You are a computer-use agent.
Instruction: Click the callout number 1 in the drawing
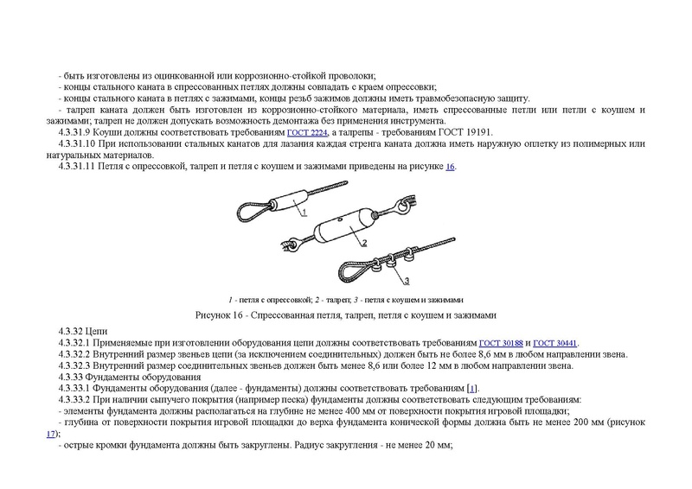pos(304,211)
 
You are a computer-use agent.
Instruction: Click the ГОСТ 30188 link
pos(501,343)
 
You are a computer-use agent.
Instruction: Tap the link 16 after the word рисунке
pos(450,166)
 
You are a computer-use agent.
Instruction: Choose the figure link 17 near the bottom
pos(52,434)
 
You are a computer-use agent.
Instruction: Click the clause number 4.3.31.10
pos(76,143)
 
